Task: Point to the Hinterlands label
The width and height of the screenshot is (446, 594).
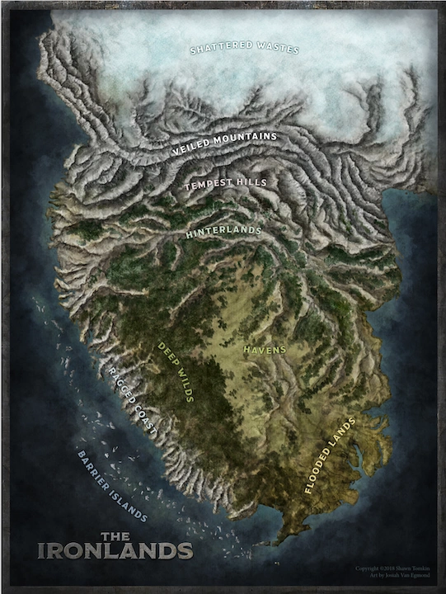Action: [x=223, y=233]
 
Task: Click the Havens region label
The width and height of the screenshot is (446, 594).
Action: [x=265, y=350]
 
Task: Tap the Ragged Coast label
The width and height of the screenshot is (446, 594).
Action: [x=132, y=400]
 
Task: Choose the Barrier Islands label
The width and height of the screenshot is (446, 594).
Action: [x=111, y=487]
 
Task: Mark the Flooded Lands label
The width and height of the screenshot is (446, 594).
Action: [x=329, y=455]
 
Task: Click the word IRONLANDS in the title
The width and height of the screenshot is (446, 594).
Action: [x=115, y=550]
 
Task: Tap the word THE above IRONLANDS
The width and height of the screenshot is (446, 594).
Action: [x=115, y=536]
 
